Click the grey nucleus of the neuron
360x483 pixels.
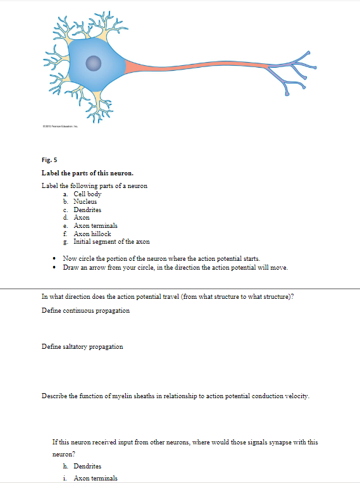point(94,62)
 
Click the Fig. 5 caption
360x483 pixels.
point(49,161)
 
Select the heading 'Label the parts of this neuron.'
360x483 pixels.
point(87,174)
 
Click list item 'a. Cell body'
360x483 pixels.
point(87,194)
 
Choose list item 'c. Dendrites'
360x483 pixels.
point(87,210)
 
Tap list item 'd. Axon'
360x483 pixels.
point(82,217)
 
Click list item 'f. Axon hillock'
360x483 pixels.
point(92,234)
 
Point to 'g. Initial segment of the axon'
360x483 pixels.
point(111,241)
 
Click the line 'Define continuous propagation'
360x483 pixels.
point(85,311)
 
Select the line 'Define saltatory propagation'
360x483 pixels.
point(82,346)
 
